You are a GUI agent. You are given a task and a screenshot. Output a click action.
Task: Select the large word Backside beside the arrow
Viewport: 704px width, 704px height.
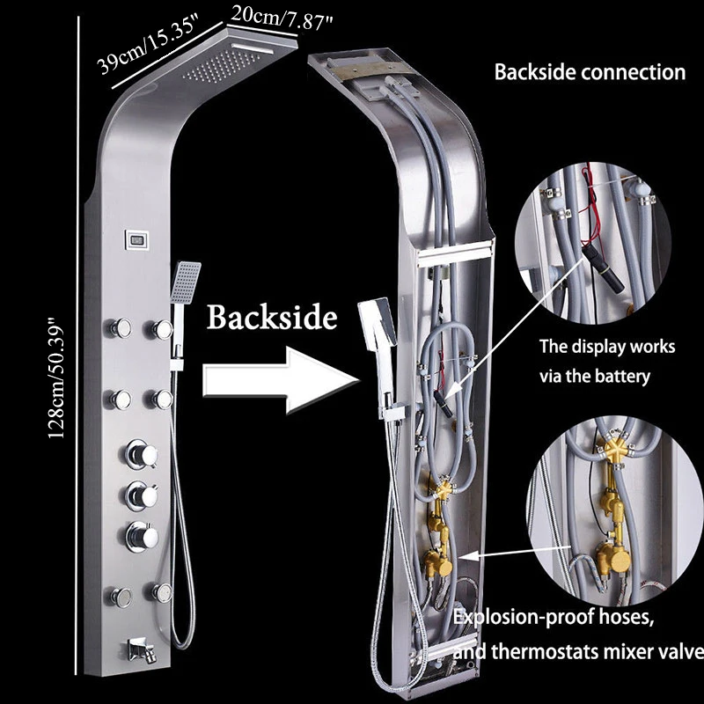pyautogui.click(x=272, y=317)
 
